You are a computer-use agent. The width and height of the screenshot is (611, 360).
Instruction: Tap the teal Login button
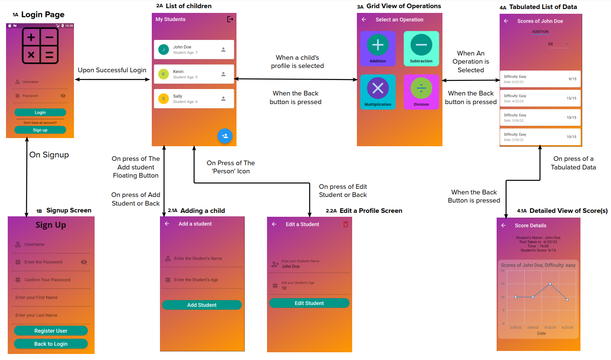tap(40, 112)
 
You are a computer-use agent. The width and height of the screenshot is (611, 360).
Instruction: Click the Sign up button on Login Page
tap(40, 130)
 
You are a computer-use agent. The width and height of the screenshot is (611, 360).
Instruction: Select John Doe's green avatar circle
tap(163, 49)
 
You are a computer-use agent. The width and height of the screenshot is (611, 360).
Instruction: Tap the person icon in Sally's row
tap(223, 98)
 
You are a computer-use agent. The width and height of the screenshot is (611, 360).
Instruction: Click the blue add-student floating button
tap(224, 136)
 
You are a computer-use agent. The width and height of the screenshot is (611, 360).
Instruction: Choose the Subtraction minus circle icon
tap(421, 45)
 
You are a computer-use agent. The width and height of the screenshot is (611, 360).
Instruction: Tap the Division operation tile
tap(421, 92)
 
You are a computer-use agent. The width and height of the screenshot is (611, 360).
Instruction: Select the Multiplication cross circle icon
tap(378, 88)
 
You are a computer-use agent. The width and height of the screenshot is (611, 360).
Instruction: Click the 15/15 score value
tap(571, 98)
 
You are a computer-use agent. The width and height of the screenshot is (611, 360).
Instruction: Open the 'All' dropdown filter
tap(558, 44)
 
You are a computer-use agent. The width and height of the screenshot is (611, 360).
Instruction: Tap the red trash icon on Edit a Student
tap(346, 224)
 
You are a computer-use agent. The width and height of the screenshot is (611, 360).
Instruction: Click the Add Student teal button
tap(202, 305)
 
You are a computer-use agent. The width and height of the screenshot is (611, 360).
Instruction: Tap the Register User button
tap(51, 331)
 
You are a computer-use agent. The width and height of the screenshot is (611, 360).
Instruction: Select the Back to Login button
tap(51, 344)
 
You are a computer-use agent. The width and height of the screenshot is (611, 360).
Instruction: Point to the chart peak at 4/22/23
tap(550, 284)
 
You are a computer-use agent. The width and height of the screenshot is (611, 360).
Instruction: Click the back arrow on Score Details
tap(504, 225)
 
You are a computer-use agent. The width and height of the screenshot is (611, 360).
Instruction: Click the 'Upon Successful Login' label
tap(112, 70)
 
